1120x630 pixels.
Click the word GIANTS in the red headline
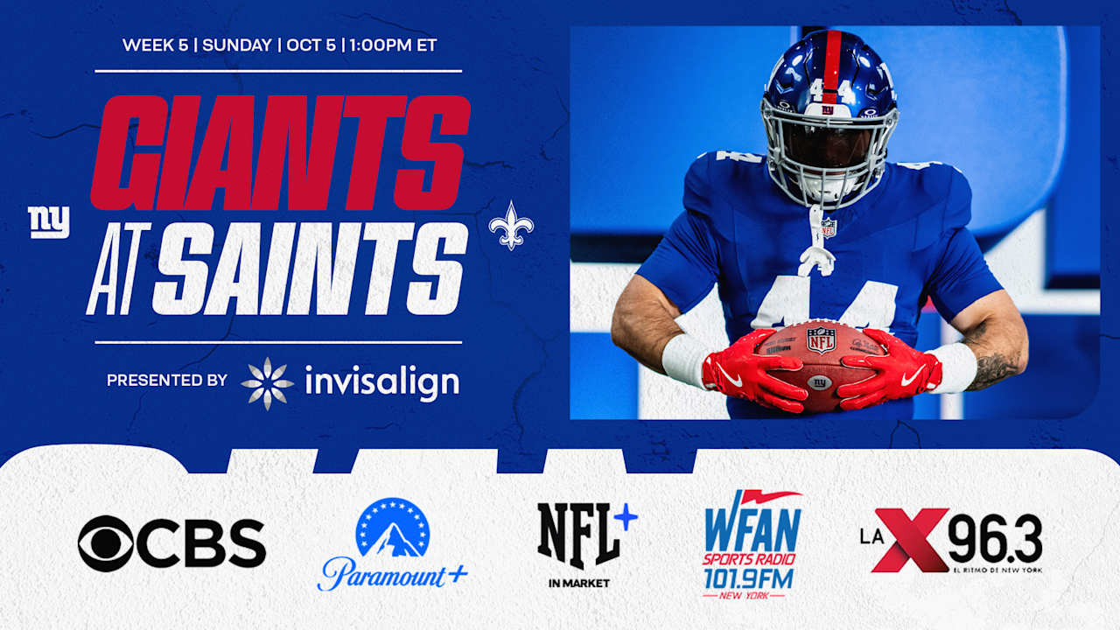tap(280, 152)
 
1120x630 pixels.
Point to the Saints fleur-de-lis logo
tap(511, 225)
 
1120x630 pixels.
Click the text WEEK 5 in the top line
tap(155, 45)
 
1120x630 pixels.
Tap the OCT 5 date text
tap(311, 45)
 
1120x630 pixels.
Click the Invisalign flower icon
tap(267, 383)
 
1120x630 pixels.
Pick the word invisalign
tap(381, 382)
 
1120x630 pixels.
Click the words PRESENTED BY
tap(166, 381)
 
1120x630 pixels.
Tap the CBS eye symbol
tap(106, 543)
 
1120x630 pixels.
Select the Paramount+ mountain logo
tap(393, 528)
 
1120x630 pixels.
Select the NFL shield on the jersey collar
tap(827, 227)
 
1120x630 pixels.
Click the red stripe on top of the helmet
tap(831, 61)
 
